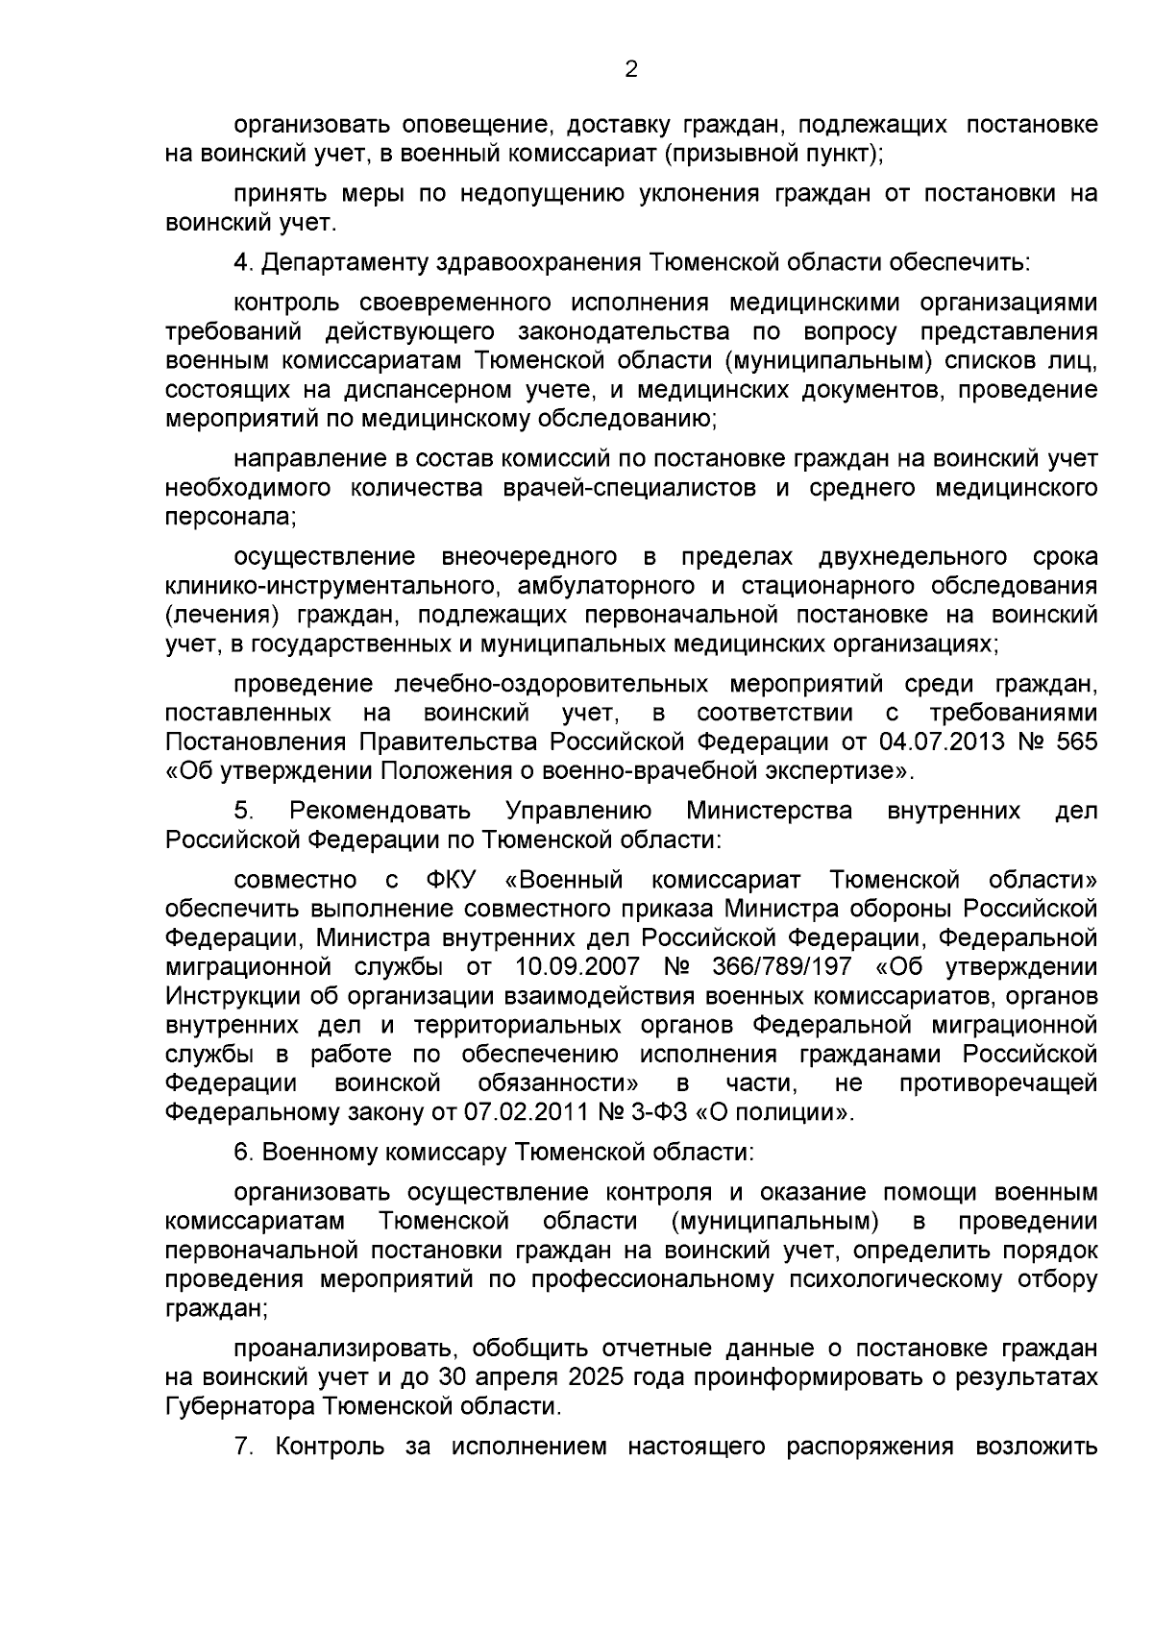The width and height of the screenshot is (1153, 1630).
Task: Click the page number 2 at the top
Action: (631, 69)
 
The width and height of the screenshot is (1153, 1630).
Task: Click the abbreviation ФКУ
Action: (451, 880)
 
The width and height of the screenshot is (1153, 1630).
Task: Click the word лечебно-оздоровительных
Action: (552, 684)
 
